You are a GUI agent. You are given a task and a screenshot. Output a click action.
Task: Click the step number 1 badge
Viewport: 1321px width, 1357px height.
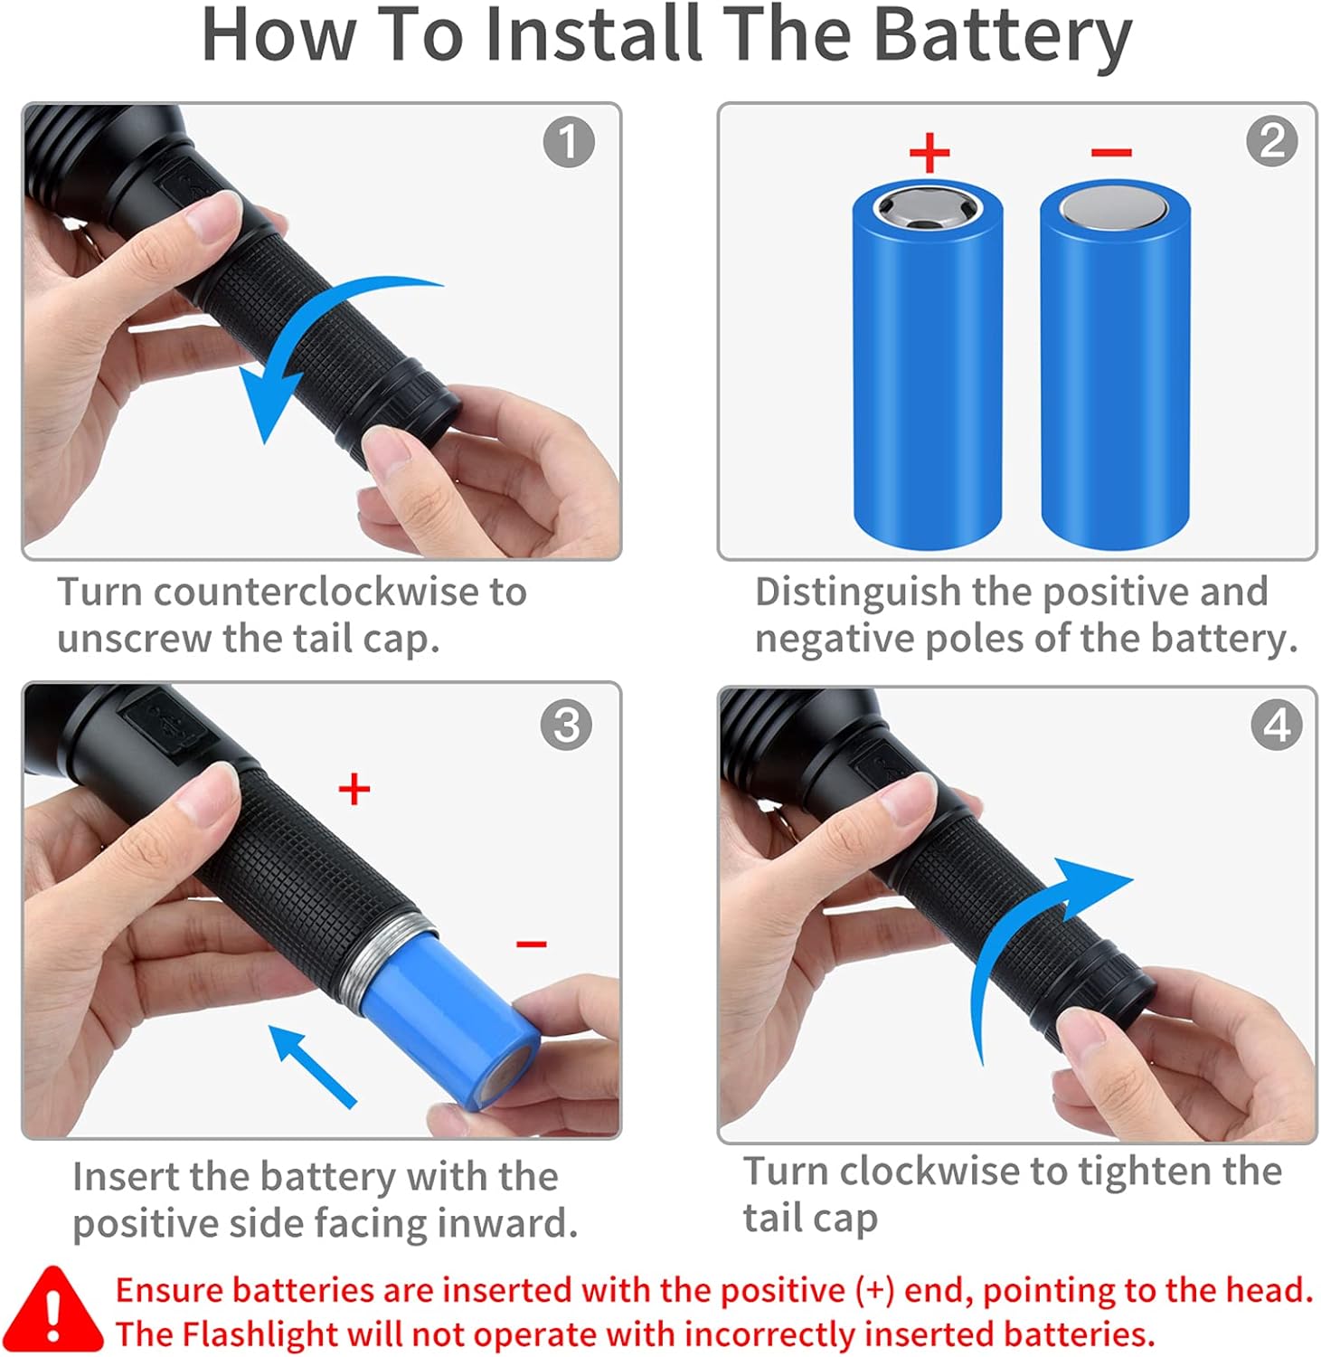pos(569,142)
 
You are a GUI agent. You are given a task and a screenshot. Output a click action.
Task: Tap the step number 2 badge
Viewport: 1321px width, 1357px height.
pos(1271,141)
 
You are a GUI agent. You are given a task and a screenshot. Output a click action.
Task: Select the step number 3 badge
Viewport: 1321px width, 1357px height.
pos(566,725)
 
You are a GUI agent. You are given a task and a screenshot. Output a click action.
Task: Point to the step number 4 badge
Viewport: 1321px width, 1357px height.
pos(1276,725)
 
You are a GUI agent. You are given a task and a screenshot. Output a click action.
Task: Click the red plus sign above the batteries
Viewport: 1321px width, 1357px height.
pos(929,152)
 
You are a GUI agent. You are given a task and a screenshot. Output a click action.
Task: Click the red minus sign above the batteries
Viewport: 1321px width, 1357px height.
pos(1111,152)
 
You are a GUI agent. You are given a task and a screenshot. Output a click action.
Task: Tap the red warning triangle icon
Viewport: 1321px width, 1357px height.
pos(54,1310)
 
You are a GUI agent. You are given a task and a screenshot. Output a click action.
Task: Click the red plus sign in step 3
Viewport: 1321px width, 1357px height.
pos(354,789)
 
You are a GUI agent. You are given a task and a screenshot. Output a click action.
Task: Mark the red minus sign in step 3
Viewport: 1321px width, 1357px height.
pos(531,944)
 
